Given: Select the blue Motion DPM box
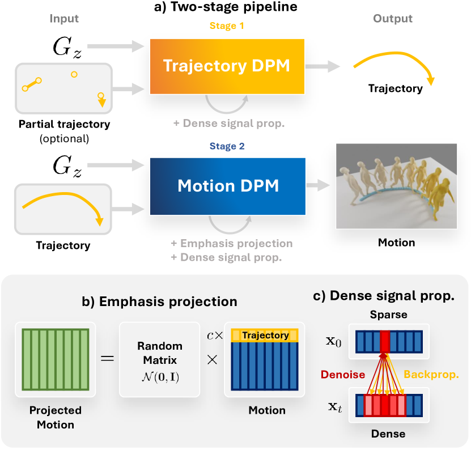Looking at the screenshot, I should pyautogui.click(x=227, y=185).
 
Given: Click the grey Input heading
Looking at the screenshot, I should pyautogui.click(x=64, y=19).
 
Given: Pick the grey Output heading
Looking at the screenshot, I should pyautogui.click(x=393, y=19).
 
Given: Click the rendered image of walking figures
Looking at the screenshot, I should pyautogui.click(x=396, y=186).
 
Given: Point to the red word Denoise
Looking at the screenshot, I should pyautogui.click(x=341, y=375).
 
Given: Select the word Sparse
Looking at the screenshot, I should pyautogui.click(x=389, y=314).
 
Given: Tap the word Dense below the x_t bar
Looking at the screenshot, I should pyautogui.click(x=389, y=434).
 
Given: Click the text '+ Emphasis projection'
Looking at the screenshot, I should pyautogui.click(x=231, y=244).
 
